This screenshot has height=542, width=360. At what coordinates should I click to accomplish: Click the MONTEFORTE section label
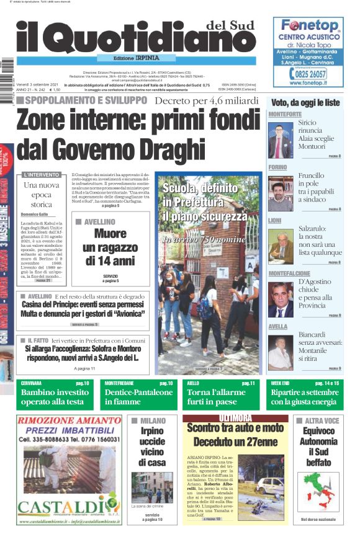coord(285,115)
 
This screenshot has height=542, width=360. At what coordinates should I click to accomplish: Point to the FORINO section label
coord(277,167)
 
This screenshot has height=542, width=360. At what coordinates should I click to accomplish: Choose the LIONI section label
coord(275,220)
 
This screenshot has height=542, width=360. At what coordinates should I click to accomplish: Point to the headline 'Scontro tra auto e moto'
coord(235,428)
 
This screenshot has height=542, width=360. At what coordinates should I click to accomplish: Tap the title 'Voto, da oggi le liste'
coord(306,102)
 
